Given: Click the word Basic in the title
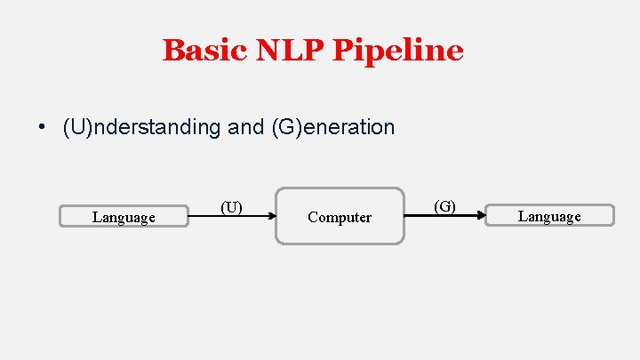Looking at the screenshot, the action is click(205, 50).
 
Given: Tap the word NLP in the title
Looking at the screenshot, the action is click(290, 50).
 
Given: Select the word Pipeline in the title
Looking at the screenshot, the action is click(398, 52).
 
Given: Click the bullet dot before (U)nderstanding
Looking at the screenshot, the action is click(42, 127).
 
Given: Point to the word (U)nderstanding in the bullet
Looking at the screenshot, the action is click(141, 127).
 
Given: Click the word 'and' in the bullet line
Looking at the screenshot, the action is click(245, 127).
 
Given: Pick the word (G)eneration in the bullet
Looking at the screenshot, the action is click(333, 127).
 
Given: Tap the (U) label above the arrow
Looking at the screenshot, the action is click(231, 207).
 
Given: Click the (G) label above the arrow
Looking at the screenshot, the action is click(445, 206).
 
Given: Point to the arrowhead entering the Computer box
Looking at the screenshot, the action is click(273, 216).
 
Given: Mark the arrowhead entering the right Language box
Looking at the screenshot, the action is click(482, 215).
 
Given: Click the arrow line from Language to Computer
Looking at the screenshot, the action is click(232, 216).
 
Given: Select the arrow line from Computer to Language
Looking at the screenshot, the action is click(445, 215).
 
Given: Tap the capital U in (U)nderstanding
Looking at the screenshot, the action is click(78, 127).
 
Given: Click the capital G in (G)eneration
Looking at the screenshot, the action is click(287, 127).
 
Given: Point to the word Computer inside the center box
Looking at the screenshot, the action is click(340, 217).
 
